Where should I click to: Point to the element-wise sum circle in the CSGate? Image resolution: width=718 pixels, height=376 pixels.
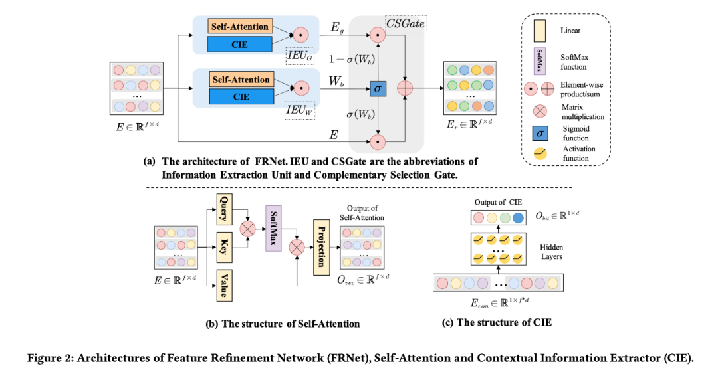pyautogui.click(x=405, y=87)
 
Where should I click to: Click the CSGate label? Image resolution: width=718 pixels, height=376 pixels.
pyautogui.click(x=407, y=25)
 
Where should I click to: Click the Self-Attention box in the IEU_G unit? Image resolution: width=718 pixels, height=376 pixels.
pyautogui.click(x=241, y=27)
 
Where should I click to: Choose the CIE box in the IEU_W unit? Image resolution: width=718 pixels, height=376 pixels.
pyautogui.click(x=241, y=97)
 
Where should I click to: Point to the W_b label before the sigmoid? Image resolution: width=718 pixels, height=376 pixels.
pyautogui.click(x=336, y=82)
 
